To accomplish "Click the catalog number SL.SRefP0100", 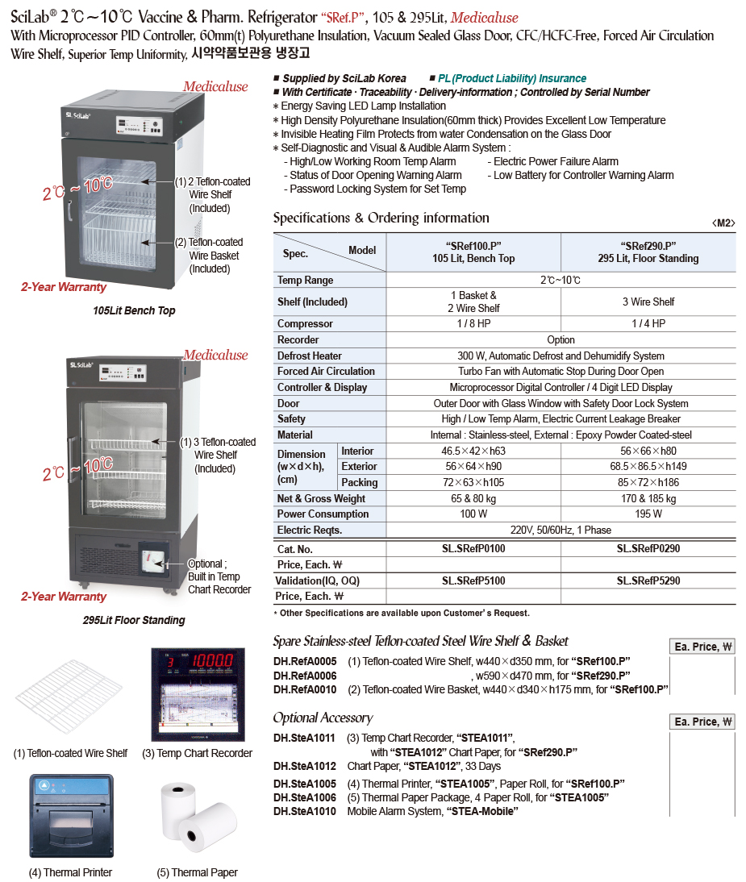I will tap(473, 549).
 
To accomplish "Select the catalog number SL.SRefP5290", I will tap(648, 580).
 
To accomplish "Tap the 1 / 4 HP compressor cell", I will tap(648, 324).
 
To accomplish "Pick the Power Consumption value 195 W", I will tap(648, 514).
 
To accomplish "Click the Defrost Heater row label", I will tap(310, 356).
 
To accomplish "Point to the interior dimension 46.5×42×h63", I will tap(473, 451).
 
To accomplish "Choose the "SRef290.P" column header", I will tap(648, 252).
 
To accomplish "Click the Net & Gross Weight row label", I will tap(321, 499).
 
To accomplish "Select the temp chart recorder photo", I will tap(197, 695).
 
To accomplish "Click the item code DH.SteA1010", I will tap(304, 811).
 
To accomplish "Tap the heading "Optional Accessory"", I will tap(323, 718).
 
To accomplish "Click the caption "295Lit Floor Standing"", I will tap(134, 620).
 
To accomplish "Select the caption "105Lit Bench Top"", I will tap(134, 310).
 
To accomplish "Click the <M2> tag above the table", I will tap(723, 223).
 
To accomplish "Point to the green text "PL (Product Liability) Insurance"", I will tap(512, 78).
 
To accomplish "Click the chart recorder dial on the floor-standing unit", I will tap(151, 558).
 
